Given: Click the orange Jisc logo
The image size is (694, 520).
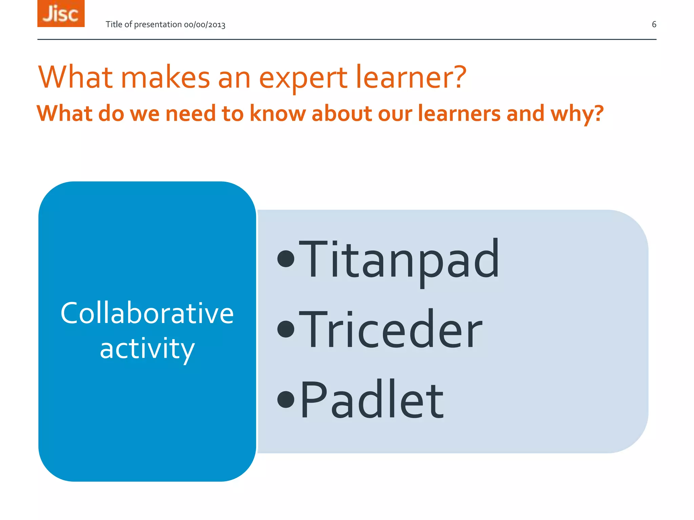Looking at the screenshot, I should click(x=61, y=14).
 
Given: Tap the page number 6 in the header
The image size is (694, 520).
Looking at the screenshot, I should click(x=654, y=24).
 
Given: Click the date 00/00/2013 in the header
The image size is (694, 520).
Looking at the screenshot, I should click(x=205, y=25).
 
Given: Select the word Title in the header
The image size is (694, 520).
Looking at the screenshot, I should click(x=114, y=24).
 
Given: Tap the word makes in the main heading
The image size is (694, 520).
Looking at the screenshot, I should click(x=165, y=78).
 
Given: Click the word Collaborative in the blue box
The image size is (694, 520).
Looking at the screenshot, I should click(x=147, y=313).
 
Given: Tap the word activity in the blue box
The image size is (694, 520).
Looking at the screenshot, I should click(x=147, y=349).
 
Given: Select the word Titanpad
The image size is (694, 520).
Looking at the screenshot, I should click(x=399, y=260).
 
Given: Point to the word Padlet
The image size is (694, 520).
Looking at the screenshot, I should click(x=371, y=400).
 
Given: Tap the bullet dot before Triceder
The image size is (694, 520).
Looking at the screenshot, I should click(x=286, y=329).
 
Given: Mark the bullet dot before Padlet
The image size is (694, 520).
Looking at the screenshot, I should click(x=286, y=399).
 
